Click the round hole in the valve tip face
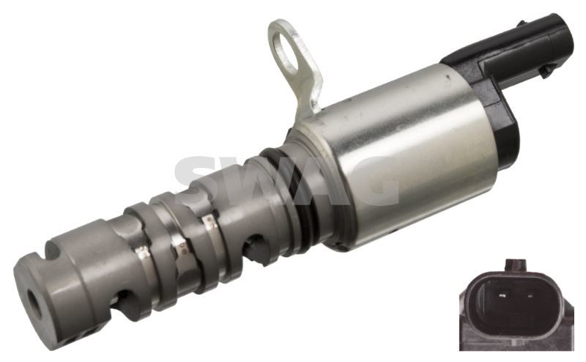32,300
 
